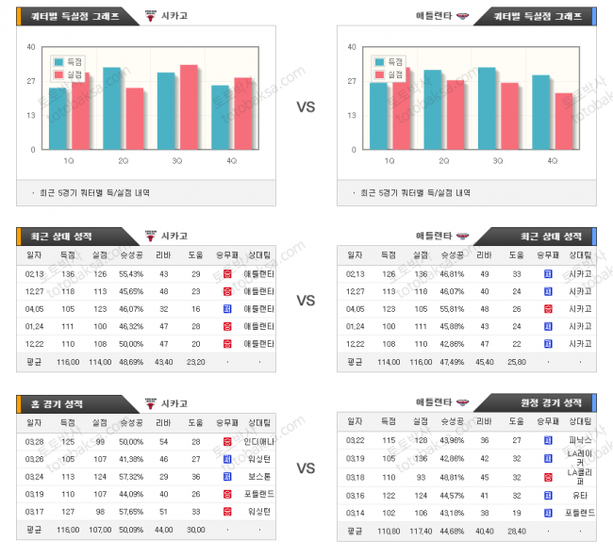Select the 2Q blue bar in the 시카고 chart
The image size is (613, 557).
coord(112,107)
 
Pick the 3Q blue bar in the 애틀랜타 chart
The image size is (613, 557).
coord(487,107)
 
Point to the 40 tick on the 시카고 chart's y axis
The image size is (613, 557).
coord(31,47)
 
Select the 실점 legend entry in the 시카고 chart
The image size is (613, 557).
coord(70,74)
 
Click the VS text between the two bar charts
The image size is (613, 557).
coord(306,107)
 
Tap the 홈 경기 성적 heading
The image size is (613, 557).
coord(61,403)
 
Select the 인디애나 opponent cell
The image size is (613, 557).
coord(257,441)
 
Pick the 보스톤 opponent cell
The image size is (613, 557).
coord(257,477)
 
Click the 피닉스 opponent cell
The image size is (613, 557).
coord(577,441)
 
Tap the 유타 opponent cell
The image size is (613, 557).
coord(577,495)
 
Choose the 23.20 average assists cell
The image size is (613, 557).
coord(195,361)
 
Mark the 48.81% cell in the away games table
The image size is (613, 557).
coord(453,477)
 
